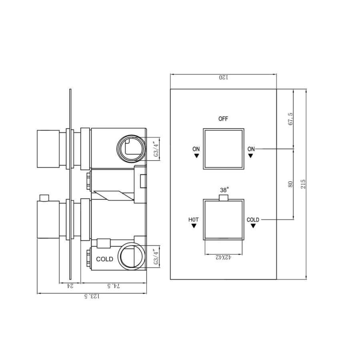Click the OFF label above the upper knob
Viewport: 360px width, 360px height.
223,119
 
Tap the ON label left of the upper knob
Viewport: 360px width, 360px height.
196,149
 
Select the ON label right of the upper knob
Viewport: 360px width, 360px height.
251,149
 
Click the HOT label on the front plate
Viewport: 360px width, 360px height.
194,220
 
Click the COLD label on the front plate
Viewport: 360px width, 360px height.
253,220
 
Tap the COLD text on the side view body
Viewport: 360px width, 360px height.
105,259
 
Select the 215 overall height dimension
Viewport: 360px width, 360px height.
303,184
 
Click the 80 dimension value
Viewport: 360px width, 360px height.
291,184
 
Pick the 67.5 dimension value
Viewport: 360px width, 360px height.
291,119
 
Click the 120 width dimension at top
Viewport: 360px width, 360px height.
223,78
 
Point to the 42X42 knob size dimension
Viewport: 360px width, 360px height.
224,258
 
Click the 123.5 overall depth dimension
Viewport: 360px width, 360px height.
92,296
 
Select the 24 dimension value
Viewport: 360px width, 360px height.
70,286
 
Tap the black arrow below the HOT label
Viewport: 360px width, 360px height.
194,226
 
